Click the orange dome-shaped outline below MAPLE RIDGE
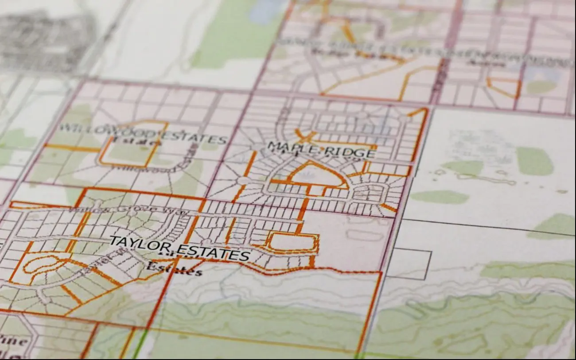pyautogui.click(x=317, y=174)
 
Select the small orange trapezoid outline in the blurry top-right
pyautogui.click(x=504, y=87)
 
